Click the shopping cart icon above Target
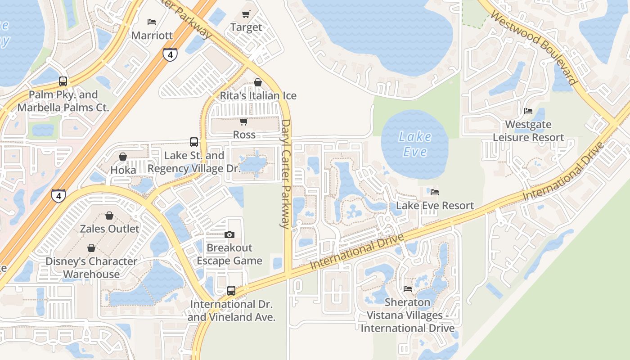coord(246,14)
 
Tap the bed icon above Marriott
coord(152,22)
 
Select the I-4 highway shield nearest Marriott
coord(170,54)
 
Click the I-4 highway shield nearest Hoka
coord(58,196)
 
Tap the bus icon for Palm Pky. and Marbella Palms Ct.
coord(63,81)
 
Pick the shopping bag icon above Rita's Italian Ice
coord(258,82)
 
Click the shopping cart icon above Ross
coord(244,121)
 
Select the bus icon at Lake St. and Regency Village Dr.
coord(194,142)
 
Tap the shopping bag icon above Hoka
coord(123,157)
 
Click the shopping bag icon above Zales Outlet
coord(109,216)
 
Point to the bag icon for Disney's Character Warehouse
coord(91,248)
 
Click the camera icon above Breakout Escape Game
coord(229,234)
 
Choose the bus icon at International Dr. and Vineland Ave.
coord(231,291)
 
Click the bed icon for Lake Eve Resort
coord(435,192)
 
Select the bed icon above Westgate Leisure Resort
coord(528,111)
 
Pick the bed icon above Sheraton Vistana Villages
coord(408,288)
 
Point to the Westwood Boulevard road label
coord(533,48)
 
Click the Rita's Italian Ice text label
coord(258,96)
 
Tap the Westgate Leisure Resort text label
coord(528,131)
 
